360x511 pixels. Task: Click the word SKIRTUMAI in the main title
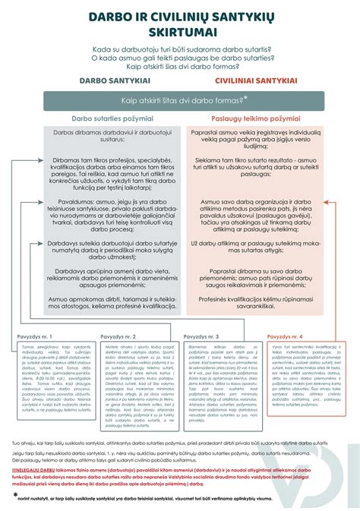point(180,33)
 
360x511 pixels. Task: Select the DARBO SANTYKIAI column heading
point(111,79)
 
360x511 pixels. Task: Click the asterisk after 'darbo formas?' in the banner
point(267,97)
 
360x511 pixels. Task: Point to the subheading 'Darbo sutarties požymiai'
point(112,118)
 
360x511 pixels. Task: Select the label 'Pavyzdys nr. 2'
point(119,336)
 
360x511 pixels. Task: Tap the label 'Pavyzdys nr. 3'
point(202,336)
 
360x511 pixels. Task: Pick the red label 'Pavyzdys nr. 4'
point(285,336)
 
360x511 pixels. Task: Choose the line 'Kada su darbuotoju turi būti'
point(180,49)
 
